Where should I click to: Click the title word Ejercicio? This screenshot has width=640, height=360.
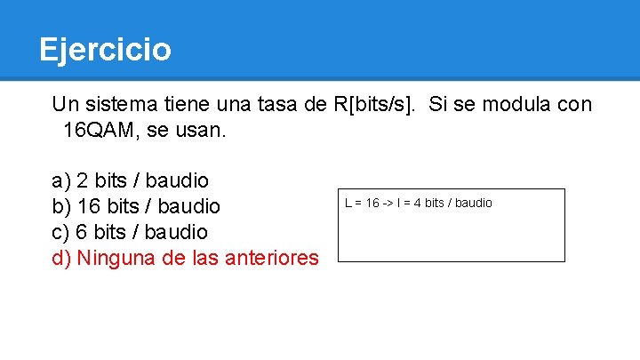tap(105, 49)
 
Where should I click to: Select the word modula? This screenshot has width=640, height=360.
tap(518, 104)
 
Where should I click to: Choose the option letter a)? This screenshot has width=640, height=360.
tap(61, 180)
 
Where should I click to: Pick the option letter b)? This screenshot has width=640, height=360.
tap(61, 206)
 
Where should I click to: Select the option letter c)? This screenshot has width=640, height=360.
tap(61, 232)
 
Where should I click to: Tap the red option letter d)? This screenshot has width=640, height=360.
tap(61, 258)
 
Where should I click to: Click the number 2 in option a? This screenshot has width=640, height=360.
tap(83, 180)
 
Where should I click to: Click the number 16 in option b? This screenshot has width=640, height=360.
tap(89, 206)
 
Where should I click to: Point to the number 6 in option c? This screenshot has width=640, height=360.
tap(83, 232)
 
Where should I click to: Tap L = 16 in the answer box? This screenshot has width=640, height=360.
tap(362, 203)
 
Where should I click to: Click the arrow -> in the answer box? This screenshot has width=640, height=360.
tap(389, 203)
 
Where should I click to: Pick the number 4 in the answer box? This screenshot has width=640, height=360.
tap(417, 203)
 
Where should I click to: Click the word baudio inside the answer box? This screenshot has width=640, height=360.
tap(474, 203)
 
